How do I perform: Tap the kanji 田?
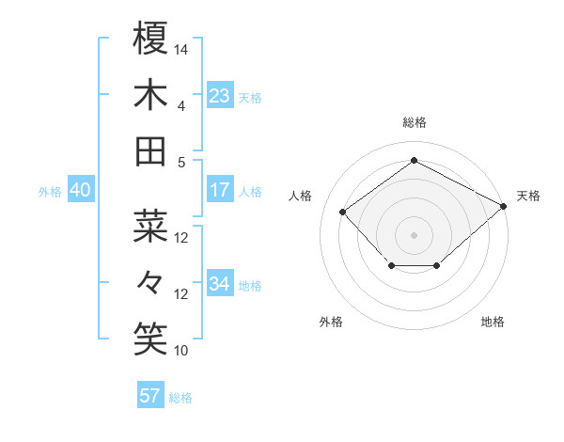(x=150, y=150)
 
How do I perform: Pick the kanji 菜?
(x=150, y=226)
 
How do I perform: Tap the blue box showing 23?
(x=220, y=96)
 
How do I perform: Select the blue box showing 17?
(x=220, y=190)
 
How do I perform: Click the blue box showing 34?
(x=220, y=284)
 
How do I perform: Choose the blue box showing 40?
(x=81, y=190)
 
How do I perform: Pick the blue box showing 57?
(x=150, y=395)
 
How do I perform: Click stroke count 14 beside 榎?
(x=182, y=48)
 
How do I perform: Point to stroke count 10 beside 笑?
(x=182, y=351)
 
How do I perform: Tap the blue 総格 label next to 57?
(x=180, y=398)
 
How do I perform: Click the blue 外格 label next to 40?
(x=50, y=192)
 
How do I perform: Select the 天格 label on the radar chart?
(x=528, y=196)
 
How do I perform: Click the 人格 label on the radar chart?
(x=301, y=196)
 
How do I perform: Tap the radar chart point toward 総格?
(x=414, y=160)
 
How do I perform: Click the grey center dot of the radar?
(x=414, y=233)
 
